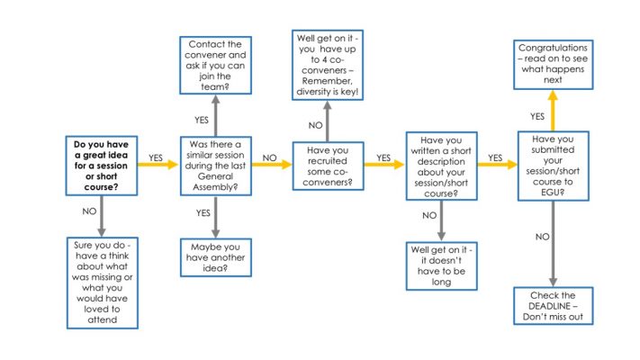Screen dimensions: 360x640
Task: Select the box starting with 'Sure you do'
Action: coord(102,282)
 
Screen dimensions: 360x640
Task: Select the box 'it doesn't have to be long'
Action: coord(440,265)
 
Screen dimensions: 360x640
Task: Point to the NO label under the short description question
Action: coord(428,215)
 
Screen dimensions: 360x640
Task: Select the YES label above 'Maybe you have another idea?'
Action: coord(203,212)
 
